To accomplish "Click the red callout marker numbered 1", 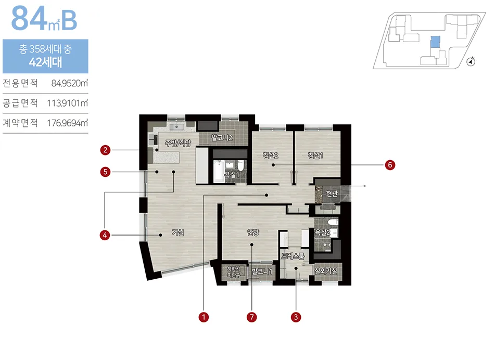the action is (x=204, y=317).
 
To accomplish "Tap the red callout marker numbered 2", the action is (x=105, y=150).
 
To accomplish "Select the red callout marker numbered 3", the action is (x=296, y=317).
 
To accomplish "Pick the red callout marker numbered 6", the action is (x=390, y=165).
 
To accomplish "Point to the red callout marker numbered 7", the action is (x=251, y=317).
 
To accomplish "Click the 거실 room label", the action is (x=177, y=232).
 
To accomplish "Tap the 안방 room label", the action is (x=253, y=232).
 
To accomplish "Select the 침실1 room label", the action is (x=315, y=155).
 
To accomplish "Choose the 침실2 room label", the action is (x=271, y=155).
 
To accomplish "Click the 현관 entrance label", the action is (x=332, y=193).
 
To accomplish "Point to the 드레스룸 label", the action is (x=293, y=256).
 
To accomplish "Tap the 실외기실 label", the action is (x=326, y=271).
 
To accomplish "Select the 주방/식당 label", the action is (x=178, y=143).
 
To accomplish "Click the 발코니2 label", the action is (x=222, y=137).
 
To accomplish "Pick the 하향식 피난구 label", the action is (x=234, y=272).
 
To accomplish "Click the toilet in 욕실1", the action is (x=241, y=165).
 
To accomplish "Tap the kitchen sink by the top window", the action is (x=176, y=127).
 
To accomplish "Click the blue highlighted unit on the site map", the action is (x=435, y=42).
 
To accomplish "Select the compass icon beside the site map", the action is (x=471, y=61).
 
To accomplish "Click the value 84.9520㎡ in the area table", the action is (x=69, y=83).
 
